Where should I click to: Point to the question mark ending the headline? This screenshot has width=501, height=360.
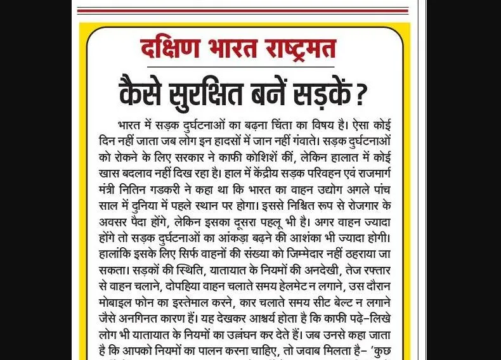tap(361, 93)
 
